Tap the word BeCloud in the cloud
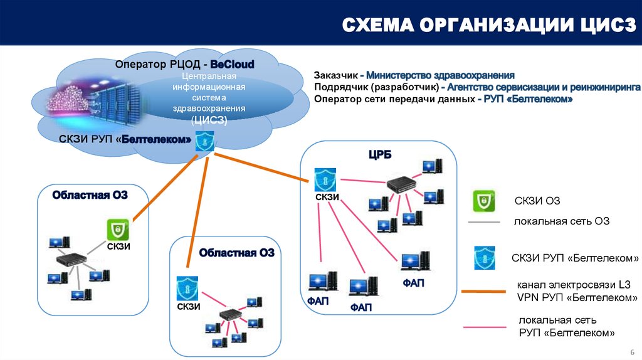point(232,65)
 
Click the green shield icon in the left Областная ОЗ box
point(118,229)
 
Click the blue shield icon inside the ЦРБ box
point(325,179)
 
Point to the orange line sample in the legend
point(484,292)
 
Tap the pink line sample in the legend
point(484,327)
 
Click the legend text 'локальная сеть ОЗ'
point(562,221)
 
